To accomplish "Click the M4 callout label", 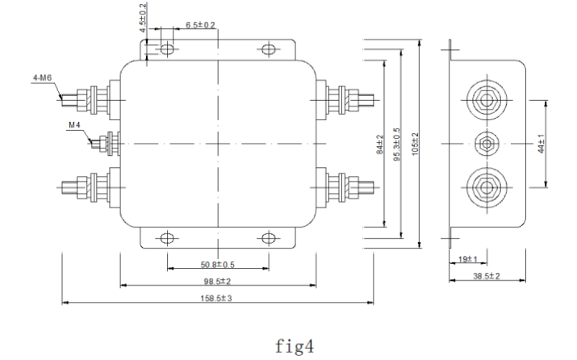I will point(75,125).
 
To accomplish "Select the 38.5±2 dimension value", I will point(487,276).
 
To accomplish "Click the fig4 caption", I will point(289,348).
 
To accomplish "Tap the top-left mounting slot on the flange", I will point(168,49).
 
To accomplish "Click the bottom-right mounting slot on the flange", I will point(268,238).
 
